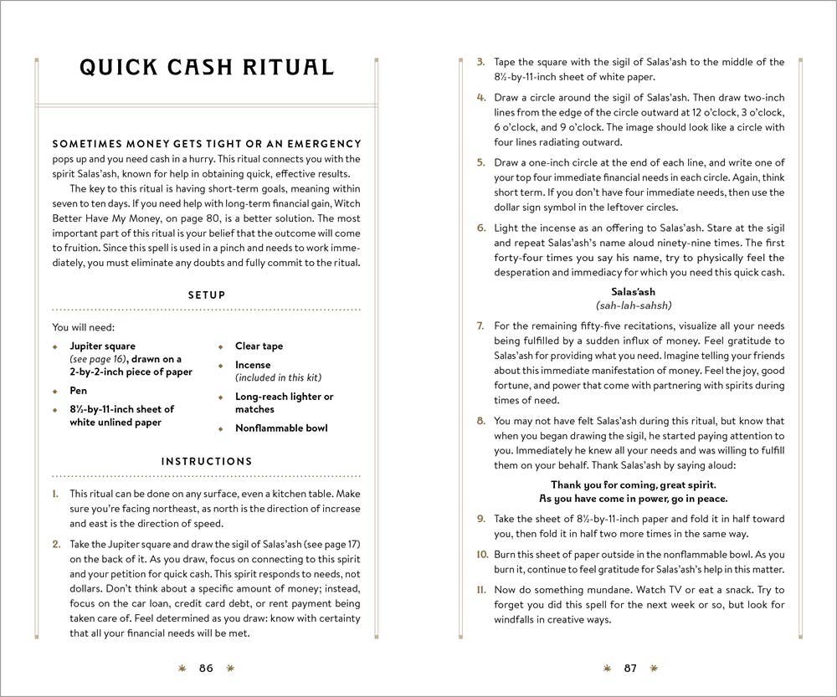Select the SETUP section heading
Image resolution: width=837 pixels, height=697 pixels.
click(207, 295)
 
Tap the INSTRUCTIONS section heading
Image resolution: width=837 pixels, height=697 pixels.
click(207, 461)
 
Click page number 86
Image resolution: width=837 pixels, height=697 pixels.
click(207, 668)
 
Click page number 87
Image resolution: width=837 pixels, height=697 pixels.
click(630, 668)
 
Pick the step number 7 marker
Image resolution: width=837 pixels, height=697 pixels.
click(480, 325)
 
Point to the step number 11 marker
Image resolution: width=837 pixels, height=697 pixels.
click(482, 589)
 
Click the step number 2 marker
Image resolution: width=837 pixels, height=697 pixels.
click(57, 544)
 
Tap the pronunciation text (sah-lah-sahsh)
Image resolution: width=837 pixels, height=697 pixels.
click(634, 305)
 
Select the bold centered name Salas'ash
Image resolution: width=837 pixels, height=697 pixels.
click(634, 292)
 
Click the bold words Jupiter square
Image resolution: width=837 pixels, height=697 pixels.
click(102, 346)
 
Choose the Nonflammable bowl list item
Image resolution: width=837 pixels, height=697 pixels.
click(281, 428)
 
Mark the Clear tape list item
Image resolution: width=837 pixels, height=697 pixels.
click(259, 346)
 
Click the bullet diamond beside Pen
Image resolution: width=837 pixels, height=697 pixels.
click(56, 391)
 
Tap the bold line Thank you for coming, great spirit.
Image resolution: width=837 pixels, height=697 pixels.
click(634, 484)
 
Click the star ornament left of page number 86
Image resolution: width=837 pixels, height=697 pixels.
click(182, 668)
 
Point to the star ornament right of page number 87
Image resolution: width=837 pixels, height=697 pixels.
click(655, 668)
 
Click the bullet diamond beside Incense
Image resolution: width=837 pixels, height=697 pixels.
click(222, 366)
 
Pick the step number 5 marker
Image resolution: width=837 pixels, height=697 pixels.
click(480, 161)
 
